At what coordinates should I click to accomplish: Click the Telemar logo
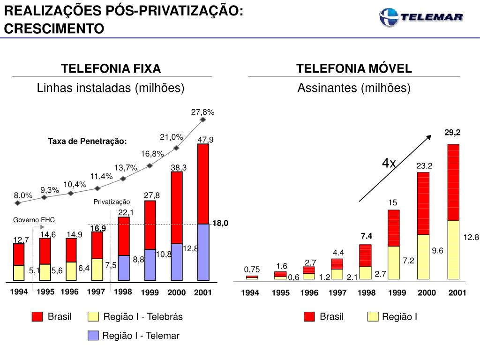(x=421, y=17)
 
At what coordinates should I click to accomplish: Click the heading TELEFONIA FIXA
(x=111, y=69)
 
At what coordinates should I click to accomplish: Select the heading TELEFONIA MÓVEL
(x=354, y=69)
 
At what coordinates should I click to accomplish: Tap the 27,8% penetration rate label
(x=202, y=112)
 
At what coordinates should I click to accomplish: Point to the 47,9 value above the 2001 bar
(x=205, y=140)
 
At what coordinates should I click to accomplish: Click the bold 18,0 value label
(x=220, y=224)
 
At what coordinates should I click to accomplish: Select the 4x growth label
(x=389, y=163)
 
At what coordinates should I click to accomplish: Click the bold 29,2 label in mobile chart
(x=453, y=133)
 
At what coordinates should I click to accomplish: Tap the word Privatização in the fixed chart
(x=112, y=202)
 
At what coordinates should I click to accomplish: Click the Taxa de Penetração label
(x=88, y=141)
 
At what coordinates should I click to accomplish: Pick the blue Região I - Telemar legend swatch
(x=94, y=336)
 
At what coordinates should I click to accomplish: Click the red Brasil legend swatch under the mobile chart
(x=309, y=316)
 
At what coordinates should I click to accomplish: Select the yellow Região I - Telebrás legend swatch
(x=94, y=317)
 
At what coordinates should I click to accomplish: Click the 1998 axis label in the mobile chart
(x=367, y=293)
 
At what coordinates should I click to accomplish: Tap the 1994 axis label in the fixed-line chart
(x=19, y=292)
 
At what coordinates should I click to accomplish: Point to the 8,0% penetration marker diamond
(x=18, y=203)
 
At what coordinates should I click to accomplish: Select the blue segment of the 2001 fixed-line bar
(x=203, y=253)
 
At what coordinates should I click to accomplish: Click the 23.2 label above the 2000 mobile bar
(x=424, y=165)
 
